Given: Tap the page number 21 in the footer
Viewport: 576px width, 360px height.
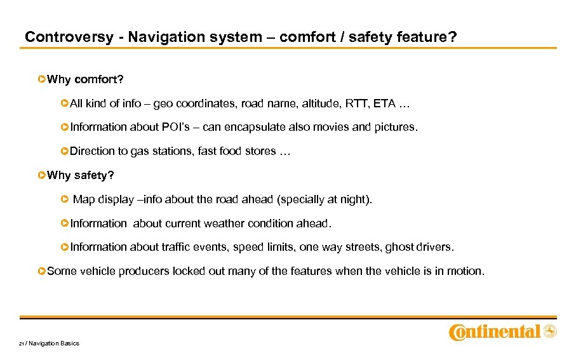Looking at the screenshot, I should (x=21, y=343).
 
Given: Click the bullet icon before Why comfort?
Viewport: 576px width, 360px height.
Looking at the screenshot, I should (x=42, y=79).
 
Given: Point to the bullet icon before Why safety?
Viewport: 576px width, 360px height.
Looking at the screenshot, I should (x=42, y=175).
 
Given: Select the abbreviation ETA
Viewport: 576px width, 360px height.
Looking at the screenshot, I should (x=385, y=103).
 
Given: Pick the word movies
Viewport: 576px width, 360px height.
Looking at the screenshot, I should (x=333, y=127).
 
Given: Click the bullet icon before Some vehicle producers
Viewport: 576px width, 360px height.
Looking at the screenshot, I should (x=42, y=271).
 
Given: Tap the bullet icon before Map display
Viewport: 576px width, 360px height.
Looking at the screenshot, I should (x=65, y=199).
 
